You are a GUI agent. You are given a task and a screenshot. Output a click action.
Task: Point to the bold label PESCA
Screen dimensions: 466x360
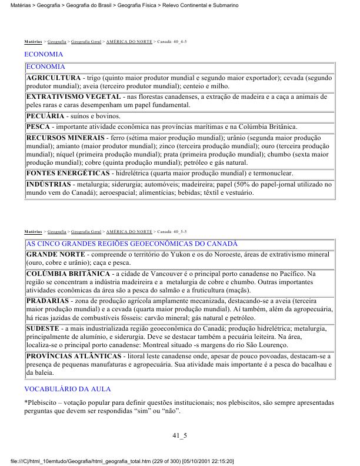(x=38, y=127)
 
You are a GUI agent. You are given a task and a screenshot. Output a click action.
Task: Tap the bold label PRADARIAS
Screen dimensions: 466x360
(x=48, y=301)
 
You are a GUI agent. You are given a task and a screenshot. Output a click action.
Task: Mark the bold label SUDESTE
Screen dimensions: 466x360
(x=42, y=327)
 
